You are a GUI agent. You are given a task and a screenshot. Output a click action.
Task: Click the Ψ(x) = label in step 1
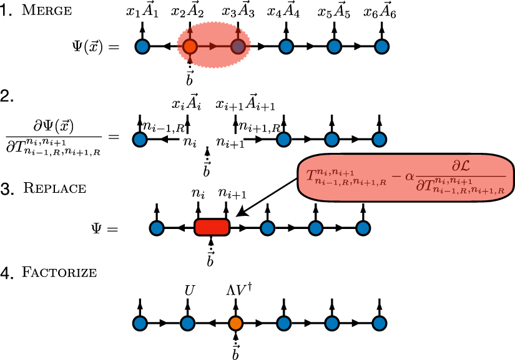pos(94,46)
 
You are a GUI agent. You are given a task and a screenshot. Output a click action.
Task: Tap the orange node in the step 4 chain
pos(235,323)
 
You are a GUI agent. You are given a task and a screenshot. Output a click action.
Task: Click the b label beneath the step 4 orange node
pos(235,353)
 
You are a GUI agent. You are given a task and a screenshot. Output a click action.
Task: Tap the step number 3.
pos(6,187)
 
